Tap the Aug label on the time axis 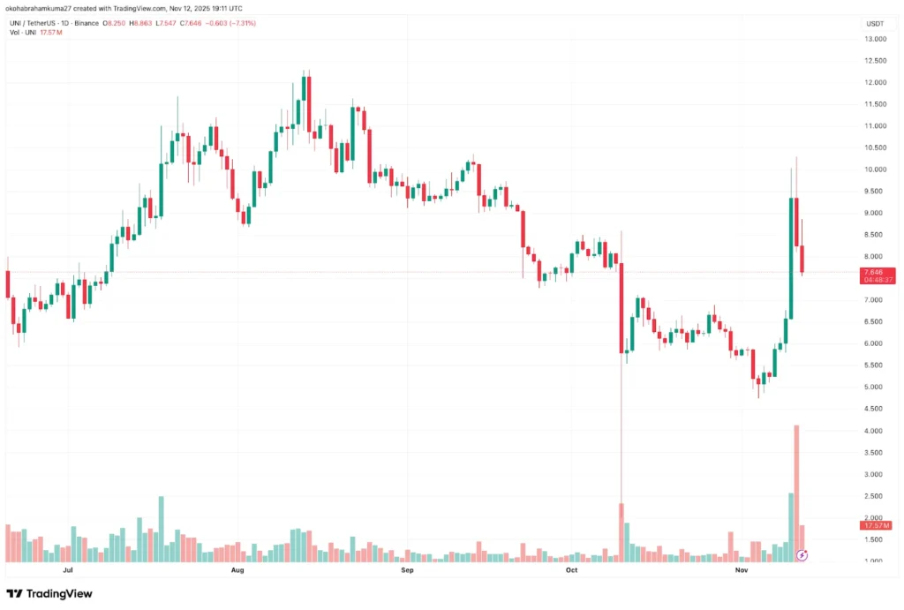[x=237, y=570]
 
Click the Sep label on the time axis [x=407, y=570]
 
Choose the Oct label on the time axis [x=571, y=570]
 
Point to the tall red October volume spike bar [x=621, y=531]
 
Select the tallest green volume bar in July [x=161, y=528]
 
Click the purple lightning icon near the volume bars [x=802, y=554]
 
